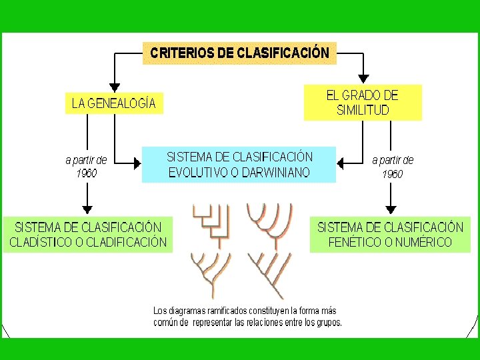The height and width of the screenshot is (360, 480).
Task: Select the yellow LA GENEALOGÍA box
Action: [x=114, y=103]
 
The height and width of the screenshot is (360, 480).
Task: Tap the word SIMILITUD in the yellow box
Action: [x=363, y=111]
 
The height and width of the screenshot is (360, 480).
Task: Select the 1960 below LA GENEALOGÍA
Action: [x=86, y=173]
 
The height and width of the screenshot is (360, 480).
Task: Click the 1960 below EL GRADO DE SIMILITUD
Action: [x=393, y=174]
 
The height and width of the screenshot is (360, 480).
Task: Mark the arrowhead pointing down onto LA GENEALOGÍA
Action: [x=115, y=87]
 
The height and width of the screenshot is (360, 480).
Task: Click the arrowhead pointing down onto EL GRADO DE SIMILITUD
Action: [x=363, y=79]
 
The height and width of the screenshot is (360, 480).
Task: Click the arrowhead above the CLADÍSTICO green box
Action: [x=87, y=208]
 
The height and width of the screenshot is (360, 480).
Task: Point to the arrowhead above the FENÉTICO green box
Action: [x=391, y=209]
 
